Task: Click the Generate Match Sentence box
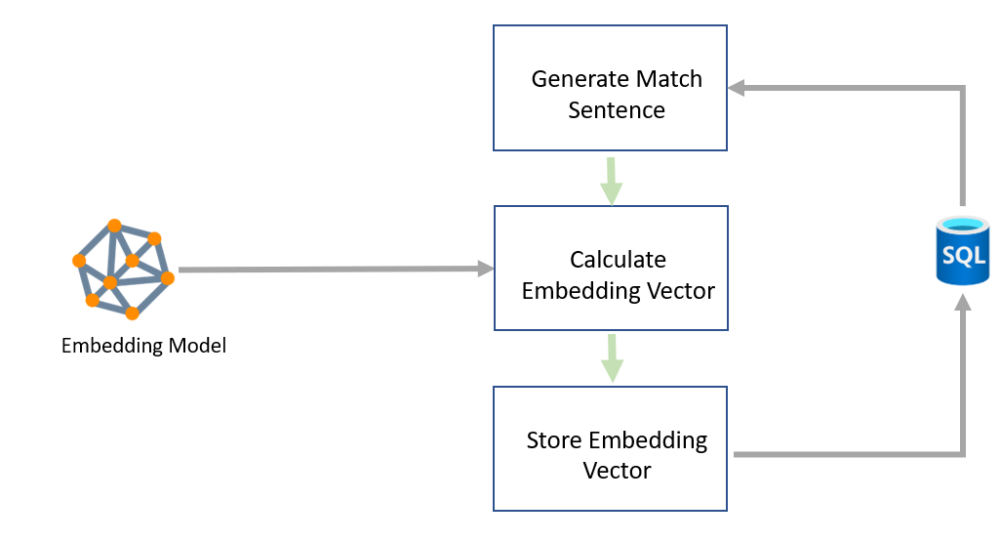[x=610, y=88]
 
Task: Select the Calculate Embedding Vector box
[x=611, y=268]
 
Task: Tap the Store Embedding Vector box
[x=611, y=448]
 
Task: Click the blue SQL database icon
[x=962, y=252]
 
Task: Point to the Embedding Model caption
[x=143, y=346]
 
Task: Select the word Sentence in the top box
[x=617, y=110]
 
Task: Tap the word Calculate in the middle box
[x=618, y=260]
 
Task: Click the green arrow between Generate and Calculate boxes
[x=611, y=182]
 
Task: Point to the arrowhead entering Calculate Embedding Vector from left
[x=485, y=269]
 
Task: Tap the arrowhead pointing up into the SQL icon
[x=963, y=304]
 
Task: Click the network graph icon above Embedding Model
[x=123, y=269]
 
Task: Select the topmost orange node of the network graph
[x=114, y=226]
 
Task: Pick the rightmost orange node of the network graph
[x=167, y=278]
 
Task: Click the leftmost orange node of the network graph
[x=79, y=261]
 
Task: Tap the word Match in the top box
[x=668, y=79]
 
